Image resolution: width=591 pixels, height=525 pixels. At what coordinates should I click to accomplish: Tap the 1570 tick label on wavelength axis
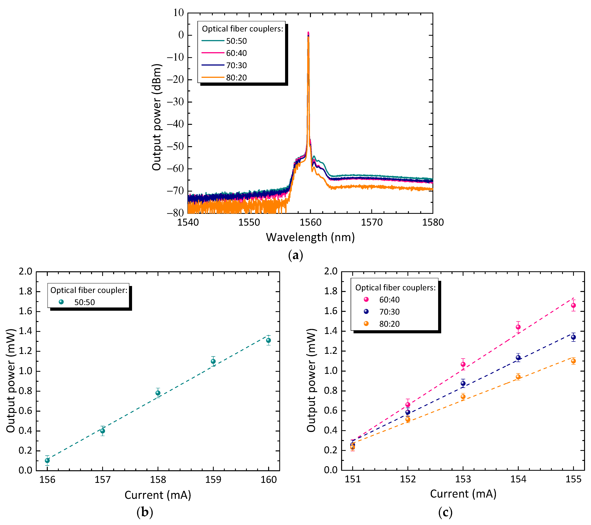tap(372, 222)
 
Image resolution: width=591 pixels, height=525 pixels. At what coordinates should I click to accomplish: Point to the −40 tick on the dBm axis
tap(175, 124)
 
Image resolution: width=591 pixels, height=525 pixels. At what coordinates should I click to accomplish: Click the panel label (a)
tap(295, 255)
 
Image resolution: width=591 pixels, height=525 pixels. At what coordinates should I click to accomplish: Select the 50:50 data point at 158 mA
tap(158, 393)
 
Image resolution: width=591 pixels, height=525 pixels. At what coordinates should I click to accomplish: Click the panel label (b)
tap(145, 512)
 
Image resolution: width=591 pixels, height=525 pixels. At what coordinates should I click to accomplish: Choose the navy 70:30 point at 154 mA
tap(518, 358)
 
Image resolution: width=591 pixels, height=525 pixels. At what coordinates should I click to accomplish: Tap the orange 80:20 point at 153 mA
tap(463, 397)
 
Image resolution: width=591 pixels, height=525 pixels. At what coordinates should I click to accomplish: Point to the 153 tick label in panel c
tap(463, 479)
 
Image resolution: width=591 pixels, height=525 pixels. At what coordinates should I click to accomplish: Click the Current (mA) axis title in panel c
tap(463, 494)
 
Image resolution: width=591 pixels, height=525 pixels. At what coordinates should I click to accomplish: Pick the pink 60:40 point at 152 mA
tap(408, 405)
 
